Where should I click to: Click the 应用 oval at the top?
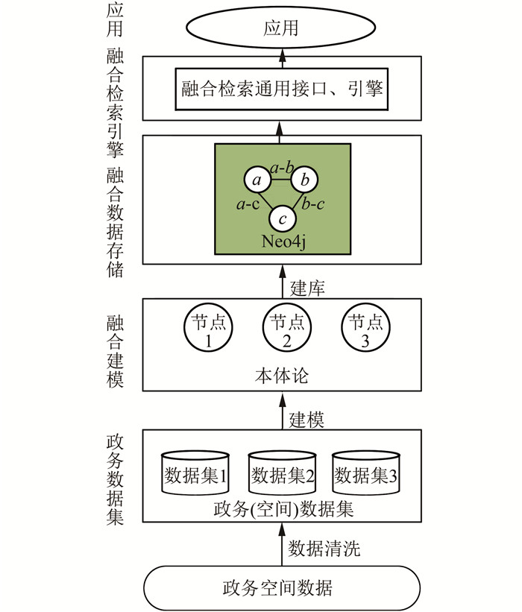[x=281, y=28]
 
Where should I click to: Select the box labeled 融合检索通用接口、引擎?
[x=282, y=90]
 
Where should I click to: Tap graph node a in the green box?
[x=257, y=180]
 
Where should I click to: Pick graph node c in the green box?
[x=282, y=218]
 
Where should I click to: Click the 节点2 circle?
[x=282, y=330]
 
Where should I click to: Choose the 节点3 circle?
[x=362, y=330]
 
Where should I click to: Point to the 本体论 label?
[x=282, y=374]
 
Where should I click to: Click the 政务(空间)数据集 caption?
[x=282, y=510]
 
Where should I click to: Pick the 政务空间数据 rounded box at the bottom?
[x=282, y=587]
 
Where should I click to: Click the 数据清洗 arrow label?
[x=324, y=549]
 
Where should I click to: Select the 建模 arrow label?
[x=306, y=418]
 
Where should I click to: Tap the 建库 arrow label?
[x=306, y=284]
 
